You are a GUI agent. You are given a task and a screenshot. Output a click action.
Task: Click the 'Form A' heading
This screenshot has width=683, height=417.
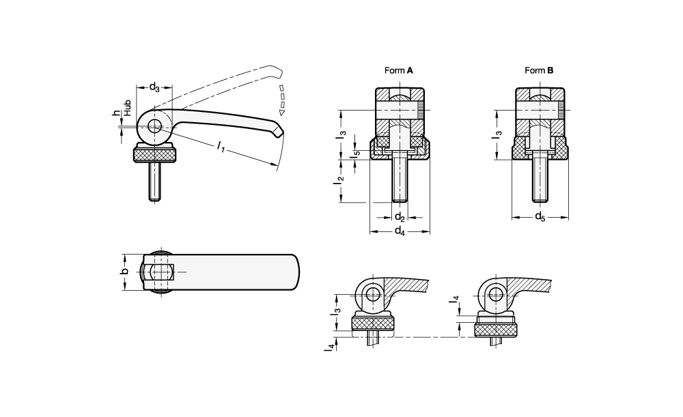(399, 70)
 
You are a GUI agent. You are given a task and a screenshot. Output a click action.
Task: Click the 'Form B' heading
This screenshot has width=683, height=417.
(539, 70)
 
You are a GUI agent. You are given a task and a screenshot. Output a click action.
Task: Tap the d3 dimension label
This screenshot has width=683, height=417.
(154, 87)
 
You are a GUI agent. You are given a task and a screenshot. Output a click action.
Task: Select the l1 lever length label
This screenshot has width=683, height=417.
(221, 147)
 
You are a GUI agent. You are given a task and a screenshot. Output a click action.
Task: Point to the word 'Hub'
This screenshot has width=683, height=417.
(127, 108)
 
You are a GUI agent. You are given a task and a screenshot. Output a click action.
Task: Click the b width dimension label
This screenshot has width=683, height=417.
(124, 272)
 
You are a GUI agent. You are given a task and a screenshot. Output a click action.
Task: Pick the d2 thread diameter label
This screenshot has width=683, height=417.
(400, 217)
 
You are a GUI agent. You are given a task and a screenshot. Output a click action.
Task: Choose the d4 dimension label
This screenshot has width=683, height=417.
(400, 231)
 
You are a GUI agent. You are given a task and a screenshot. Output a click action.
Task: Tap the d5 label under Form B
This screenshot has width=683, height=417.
(540, 216)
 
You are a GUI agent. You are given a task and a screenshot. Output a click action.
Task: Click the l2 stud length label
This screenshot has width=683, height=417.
(339, 180)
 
